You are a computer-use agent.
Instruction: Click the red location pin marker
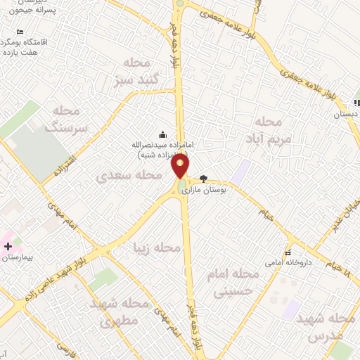click(x=181, y=166)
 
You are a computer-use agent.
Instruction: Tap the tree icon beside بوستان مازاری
click(x=204, y=179)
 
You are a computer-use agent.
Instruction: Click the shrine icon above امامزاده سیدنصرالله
click(x=163, y=135)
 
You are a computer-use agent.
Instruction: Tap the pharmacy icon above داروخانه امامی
click(x=288, y=252)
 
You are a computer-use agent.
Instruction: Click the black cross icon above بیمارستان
click(x=8, y=247)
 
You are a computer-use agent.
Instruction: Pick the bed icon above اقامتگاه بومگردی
click(x=20, y=32)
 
